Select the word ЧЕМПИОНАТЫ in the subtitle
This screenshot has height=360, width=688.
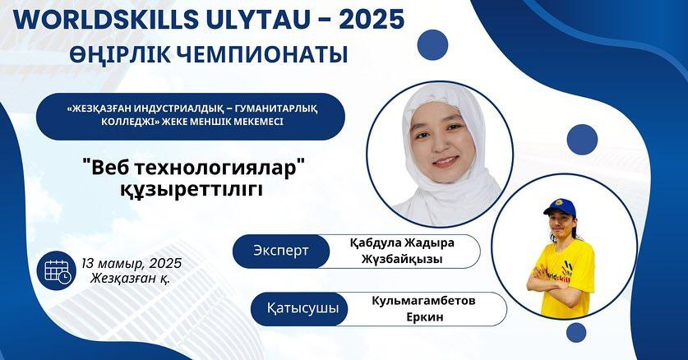[x=264, y=54]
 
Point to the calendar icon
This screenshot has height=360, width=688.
[x=57, y=270]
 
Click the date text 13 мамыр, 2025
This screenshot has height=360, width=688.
[x=132, y=264]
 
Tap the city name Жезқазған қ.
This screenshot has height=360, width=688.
[x=131, y=279]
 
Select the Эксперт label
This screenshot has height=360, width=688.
[x=281, y=251]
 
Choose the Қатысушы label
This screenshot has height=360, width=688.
[x=302, y=308]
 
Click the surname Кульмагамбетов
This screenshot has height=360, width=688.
[x=423, y=302]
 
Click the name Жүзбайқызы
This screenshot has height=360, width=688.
[x=402, y=259]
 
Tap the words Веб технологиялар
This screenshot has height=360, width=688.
[x=193, y=168]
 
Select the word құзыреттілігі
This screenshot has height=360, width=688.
[x=192, y=189]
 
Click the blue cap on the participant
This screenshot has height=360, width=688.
[x=560, y=206]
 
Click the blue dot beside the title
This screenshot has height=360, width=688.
[x=432, y=44]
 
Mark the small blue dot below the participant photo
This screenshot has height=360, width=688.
[x=576, y=332]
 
